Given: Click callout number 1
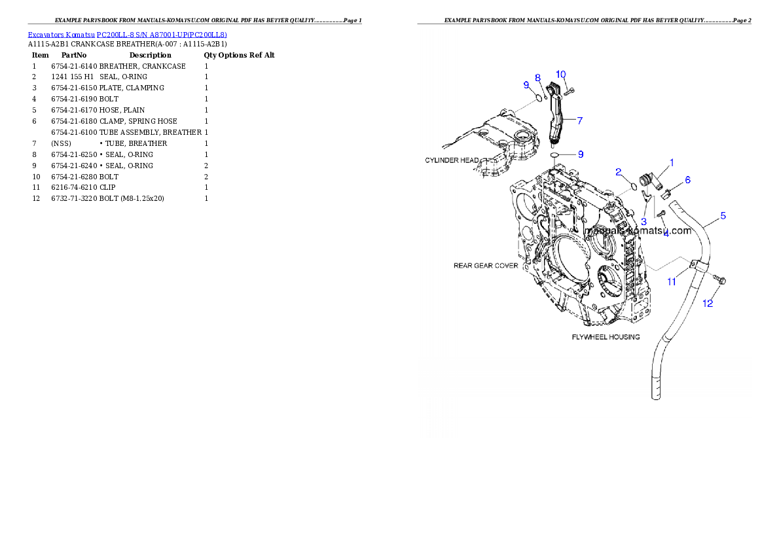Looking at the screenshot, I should pos(670,162).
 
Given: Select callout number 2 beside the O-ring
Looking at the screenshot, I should pos(618,172).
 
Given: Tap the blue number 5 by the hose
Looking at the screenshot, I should pos(723,215).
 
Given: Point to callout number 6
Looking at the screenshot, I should pos(687,179).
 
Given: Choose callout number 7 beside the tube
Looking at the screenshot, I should pos(579,120).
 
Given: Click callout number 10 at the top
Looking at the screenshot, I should pos(561,73).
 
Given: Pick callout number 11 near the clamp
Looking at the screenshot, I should pos(672,282).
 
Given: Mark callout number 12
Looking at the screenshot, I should pos(708,303).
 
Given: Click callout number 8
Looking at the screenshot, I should pos(537,77).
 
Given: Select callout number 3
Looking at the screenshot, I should pos(643,221).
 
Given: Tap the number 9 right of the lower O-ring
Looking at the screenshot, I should pos(580,154).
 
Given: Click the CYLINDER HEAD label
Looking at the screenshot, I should pos(452,160).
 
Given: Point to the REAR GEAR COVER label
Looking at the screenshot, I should pos(486,266).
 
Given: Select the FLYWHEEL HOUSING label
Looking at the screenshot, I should pos(606,336).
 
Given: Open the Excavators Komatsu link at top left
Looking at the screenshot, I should pos(127,35).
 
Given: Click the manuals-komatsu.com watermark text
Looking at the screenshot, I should pos(638,231).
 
